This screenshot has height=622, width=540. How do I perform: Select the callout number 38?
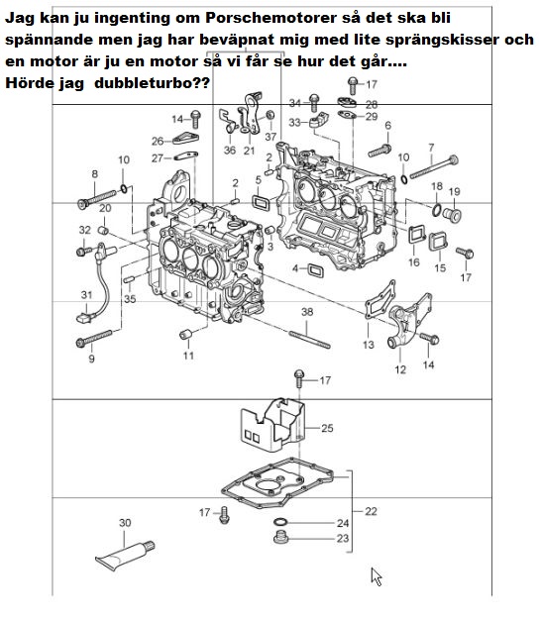(x=307, y=312)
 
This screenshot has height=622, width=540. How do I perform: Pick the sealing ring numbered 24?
(x=280, y=522)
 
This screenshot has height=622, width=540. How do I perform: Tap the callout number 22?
(x=371, y=511)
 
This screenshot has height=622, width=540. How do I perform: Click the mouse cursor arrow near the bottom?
(x=377, y=575)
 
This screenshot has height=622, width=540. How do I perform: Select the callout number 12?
(x=400, y=369)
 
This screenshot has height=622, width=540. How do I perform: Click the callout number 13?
(x=369, y=345)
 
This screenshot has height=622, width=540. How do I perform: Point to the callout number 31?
(x=86, y=294)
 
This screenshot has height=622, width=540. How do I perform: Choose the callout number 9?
(x=91, y=360)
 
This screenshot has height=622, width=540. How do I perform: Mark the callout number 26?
(x=158, y=141)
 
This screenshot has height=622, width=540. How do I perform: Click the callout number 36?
(x=230, y=151)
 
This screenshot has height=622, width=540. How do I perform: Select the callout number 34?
(x=294, y=103)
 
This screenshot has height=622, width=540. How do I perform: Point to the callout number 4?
(x=295, y=268)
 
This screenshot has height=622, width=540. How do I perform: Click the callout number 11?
(x=187, y=355)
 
